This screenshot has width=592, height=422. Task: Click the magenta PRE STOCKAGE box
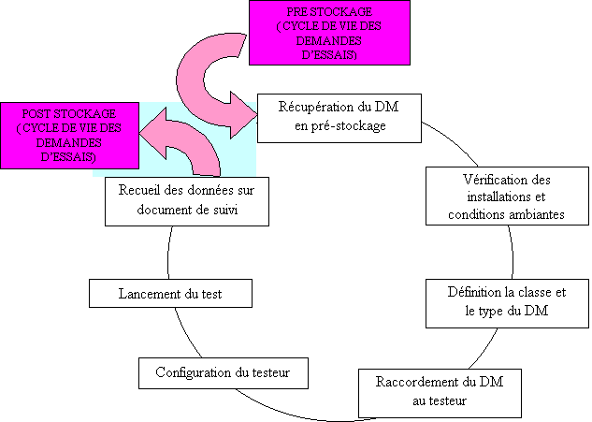[329, 33]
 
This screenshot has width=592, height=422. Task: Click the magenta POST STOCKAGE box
[70, 135]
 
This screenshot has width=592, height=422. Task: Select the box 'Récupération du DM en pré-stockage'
[339, 117]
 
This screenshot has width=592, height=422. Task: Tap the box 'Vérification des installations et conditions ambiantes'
[506, 196]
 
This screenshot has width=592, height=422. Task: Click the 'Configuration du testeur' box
[223, 372]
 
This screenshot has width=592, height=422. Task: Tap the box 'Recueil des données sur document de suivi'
[187, 200]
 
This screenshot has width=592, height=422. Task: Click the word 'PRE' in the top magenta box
[298, 11]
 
